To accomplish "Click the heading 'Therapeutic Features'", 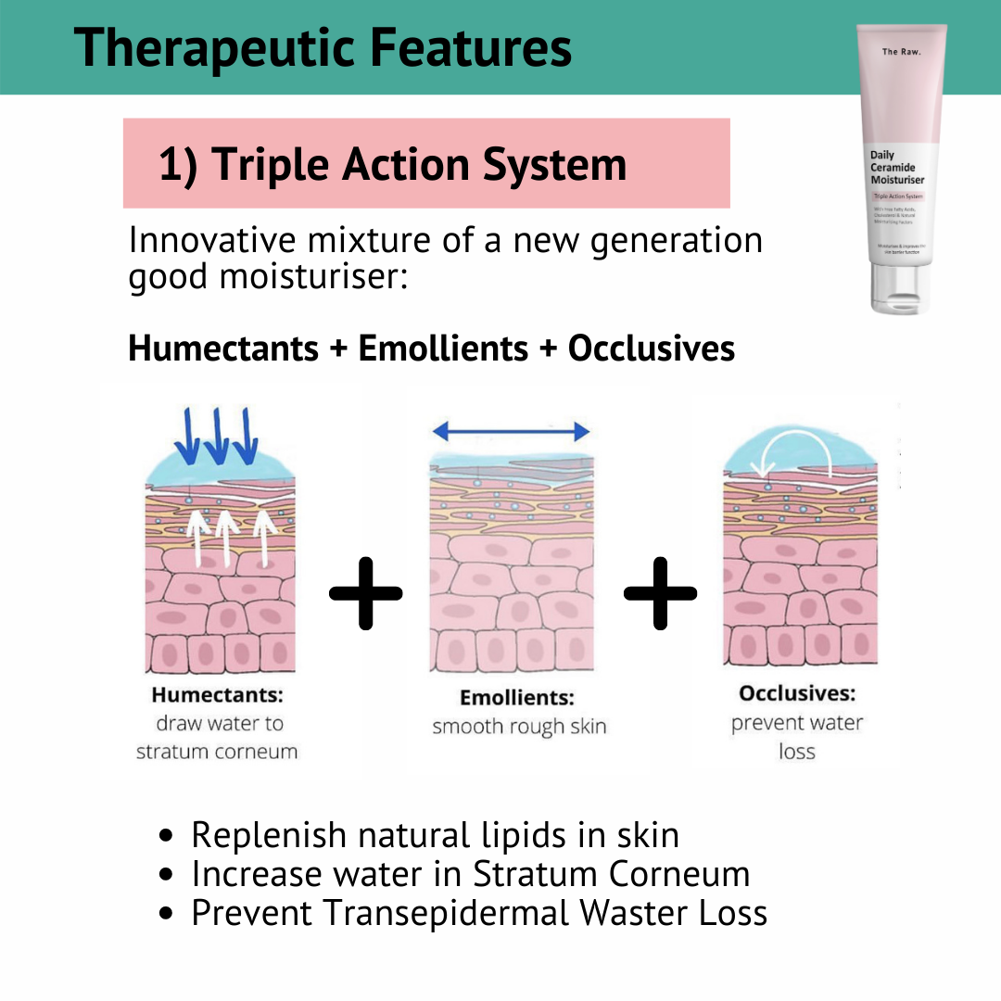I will pyautogui.click(x=323, y=47).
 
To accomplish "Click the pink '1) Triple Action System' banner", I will pyautogui.click(x=426, y=164).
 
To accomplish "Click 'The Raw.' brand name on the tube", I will pyautogui.click(x=901, y=52).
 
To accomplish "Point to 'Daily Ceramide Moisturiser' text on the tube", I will pyautogui.click(x=896, y=168).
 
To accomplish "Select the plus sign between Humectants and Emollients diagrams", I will pyautogui.click(x=366, y=592).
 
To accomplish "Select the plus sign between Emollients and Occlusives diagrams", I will pyautogui.click(x=660, y=592).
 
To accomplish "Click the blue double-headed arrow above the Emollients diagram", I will pyautogui.click(x=511, y=431).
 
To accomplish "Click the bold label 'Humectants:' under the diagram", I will pyautogui.click(x=217, y=695).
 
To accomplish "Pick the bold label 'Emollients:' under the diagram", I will pyautogui.click(x=516, y=698).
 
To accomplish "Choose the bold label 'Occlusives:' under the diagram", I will pyautogui.click(x=797, y=693).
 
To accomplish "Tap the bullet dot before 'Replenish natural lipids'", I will pyautogui.click(x=167, y=836).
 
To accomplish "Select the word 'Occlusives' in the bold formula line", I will pyautogui.click(x=651, y=348).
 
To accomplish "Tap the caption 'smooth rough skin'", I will pyautogui.click(x=519, y=727).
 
